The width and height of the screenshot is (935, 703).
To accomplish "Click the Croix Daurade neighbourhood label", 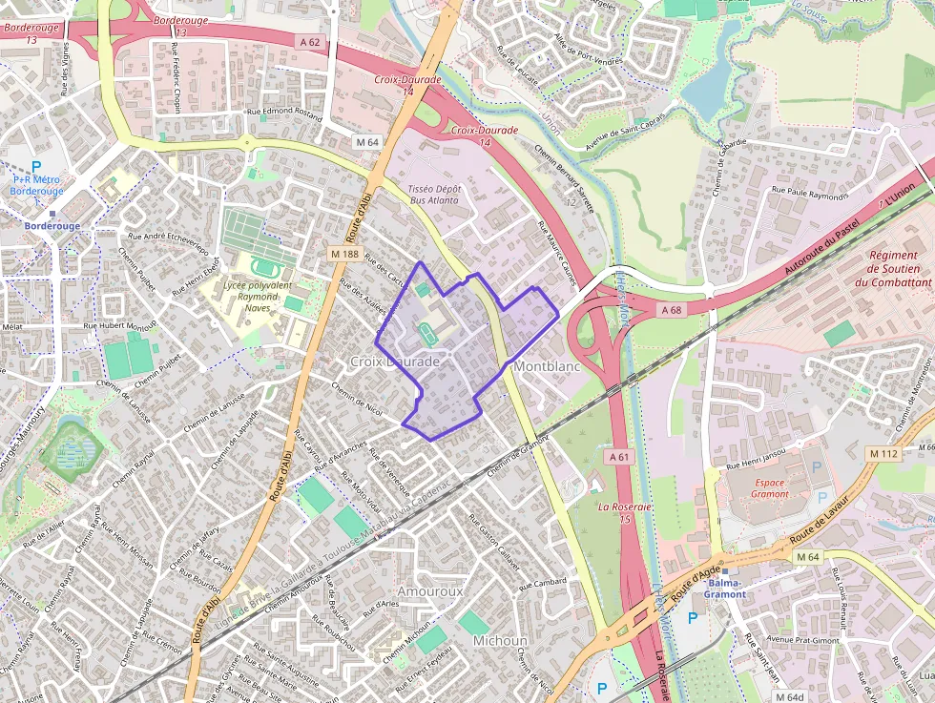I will pyautogui.click(x=395, y=362).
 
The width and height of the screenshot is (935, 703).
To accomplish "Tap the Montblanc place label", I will pyautogui.click(x=547, y=366).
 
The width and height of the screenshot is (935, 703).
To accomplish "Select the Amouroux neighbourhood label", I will pyautogui.click(x=429, y=591).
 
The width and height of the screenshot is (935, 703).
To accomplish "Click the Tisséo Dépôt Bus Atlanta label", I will pyautogui.click(x=434, y=195).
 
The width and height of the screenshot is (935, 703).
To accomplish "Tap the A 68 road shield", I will pyautogui.click(x=672, y=309).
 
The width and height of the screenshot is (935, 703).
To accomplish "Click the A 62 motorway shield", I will pyautogui.click(x=309, y=42).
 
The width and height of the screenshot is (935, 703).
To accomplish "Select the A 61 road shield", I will pyautogui.click(x=619, y=457).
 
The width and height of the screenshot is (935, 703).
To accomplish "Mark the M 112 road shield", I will pyautogui.click(x=883, y=454).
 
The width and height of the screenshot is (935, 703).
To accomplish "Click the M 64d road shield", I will pyautogui.click(x=789, y=696).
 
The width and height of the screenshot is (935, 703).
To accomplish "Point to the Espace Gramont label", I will pyautogui.click(x=770, y=488).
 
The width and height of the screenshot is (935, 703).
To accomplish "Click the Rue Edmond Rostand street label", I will pyautogui.click(x=284, y=113).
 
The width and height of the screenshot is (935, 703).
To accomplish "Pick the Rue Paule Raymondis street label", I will pyautogui.click(x=809, y=194).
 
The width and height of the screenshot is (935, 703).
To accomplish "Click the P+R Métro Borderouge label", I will pyautogui.click(x=37, y=185).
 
